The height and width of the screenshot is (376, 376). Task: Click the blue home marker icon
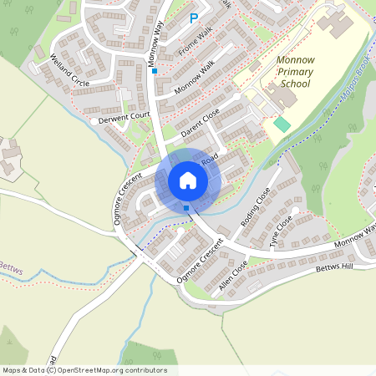[x=187, y=180]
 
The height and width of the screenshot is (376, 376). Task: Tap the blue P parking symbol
[x=194, y=18]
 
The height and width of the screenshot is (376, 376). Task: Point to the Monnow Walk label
[x=195, y=76]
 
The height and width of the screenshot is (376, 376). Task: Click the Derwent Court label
[x=124, y=119]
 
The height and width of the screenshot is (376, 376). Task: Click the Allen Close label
[x=233, y=274]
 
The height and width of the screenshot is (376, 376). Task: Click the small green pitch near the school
[x=282, y=124]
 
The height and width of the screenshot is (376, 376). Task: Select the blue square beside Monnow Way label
[x=154, y=71]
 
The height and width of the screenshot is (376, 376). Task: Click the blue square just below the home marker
[x=185, y=207]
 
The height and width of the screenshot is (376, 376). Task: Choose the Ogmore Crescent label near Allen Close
[x=201, y=260]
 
